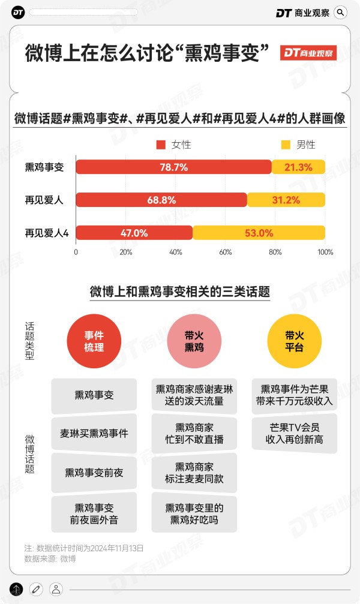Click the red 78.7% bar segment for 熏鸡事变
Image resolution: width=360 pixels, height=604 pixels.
(173, 167)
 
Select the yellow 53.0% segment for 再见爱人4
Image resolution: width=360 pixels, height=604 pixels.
(259, 233)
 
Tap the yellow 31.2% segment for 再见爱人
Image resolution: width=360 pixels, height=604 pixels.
(286, 200)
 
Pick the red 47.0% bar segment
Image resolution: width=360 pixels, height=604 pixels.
(134, 233)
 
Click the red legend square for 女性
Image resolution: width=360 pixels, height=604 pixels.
(160, 145)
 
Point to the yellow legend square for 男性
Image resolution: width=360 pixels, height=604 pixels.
(285, 145)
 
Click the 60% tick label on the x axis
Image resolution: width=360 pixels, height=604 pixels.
(226, 253)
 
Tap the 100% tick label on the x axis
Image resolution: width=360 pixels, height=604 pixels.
(325, 253)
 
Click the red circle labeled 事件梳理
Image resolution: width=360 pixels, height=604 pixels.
(94, 341)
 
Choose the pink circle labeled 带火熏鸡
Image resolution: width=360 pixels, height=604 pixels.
(194, 341)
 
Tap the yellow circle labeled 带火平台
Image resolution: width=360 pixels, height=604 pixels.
(294, 341)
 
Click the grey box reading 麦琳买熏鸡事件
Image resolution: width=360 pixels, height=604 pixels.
(94, 433)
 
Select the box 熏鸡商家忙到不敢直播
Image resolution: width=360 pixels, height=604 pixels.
(194, 433)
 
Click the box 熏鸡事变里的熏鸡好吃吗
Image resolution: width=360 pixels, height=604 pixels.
(194, 514)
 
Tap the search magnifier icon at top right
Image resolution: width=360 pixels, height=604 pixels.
(340, 13)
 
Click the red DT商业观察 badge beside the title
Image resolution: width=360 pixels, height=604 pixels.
(308, 53)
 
